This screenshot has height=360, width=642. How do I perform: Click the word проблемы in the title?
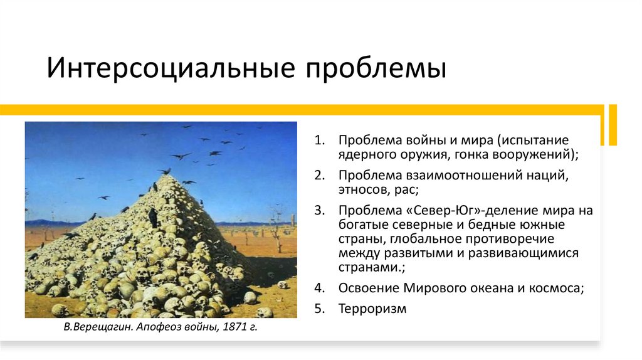(376, 68)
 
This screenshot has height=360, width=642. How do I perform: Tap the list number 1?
(318, 139)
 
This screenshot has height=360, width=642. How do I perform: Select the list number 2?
(318, 175)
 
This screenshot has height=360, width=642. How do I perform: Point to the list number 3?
(318, 211)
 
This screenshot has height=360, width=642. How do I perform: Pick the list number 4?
(318, 289)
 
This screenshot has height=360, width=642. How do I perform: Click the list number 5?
(318, 309)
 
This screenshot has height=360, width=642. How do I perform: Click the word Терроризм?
(372, 309)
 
